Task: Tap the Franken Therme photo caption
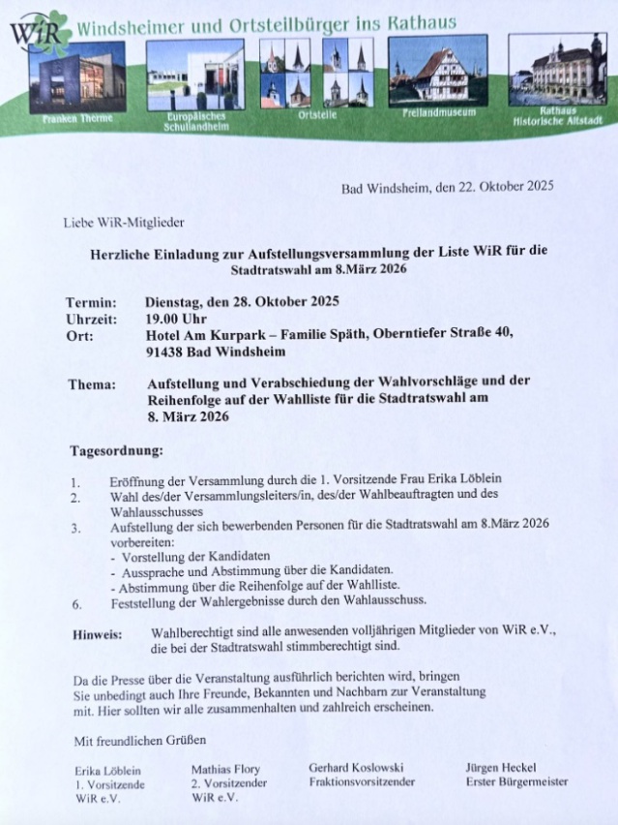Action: (x=77, y=117)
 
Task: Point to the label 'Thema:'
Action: (x=92, y=383)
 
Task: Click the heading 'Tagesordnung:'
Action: (x=116, y=450)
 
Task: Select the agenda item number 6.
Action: (x=75, y=602)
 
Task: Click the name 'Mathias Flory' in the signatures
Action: (x=225, y=771)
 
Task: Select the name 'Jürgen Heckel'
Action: (x=500, y=768)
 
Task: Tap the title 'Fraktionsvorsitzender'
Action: (x=362, y=781)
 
